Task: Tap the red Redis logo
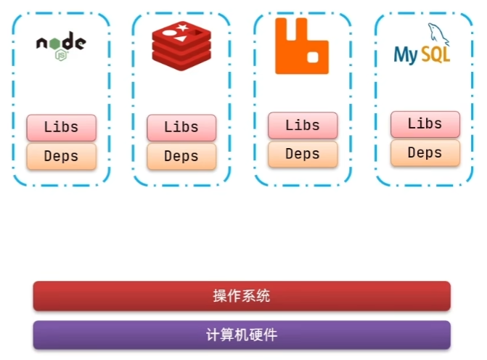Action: [181, 44]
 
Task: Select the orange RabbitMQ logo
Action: [302, 46]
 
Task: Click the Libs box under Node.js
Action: [62, 127]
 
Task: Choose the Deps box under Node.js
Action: [62, 156]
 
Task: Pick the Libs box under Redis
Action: [181, 128]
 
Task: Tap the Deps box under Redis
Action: [181, 156]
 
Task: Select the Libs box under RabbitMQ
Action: [303, 126]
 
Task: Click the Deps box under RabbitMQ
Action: [303, 154]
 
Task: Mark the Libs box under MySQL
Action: [425, 124]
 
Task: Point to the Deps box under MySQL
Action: [425, 152]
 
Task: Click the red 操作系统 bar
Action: [242, 295]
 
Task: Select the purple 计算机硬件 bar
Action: [242, 335]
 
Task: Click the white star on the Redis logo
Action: [182, 28]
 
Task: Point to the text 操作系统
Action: [242, 295]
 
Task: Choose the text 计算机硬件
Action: [242, 335]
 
